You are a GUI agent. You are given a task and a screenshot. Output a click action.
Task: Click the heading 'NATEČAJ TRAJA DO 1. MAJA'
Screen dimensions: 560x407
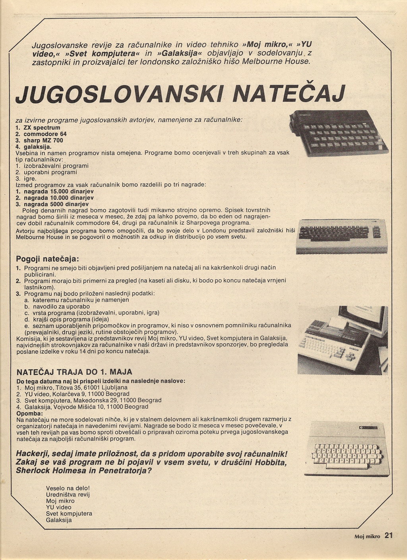(74, 372)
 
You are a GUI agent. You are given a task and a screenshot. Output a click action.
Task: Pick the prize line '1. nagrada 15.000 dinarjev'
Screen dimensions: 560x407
(54, 191)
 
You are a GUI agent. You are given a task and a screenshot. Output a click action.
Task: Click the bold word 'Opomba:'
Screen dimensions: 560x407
(27, 413)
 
